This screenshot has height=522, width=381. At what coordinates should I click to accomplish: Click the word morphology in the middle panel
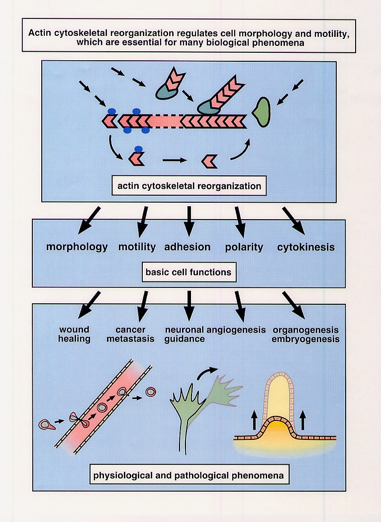[x=77, y=247]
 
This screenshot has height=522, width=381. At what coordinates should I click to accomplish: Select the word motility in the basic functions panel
[x=137, y=247]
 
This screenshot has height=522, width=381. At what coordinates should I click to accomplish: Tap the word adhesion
[x=187, y=247]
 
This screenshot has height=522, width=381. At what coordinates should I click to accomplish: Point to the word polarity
[x=244, y=247]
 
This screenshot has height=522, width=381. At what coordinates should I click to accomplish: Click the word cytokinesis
[x=306, y=247]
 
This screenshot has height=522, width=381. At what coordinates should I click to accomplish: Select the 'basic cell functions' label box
[x=188, y=272]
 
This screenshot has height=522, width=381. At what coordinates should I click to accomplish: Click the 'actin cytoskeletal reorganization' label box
[x=189, y=187]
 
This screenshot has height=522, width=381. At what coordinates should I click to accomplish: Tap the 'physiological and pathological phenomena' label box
[x=189, y=476]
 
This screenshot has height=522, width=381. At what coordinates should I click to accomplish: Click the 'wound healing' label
[x=75, y=334]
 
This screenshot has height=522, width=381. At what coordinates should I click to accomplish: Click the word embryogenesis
[x=305, y=339]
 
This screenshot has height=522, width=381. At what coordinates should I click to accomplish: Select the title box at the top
[x=189, y=35]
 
